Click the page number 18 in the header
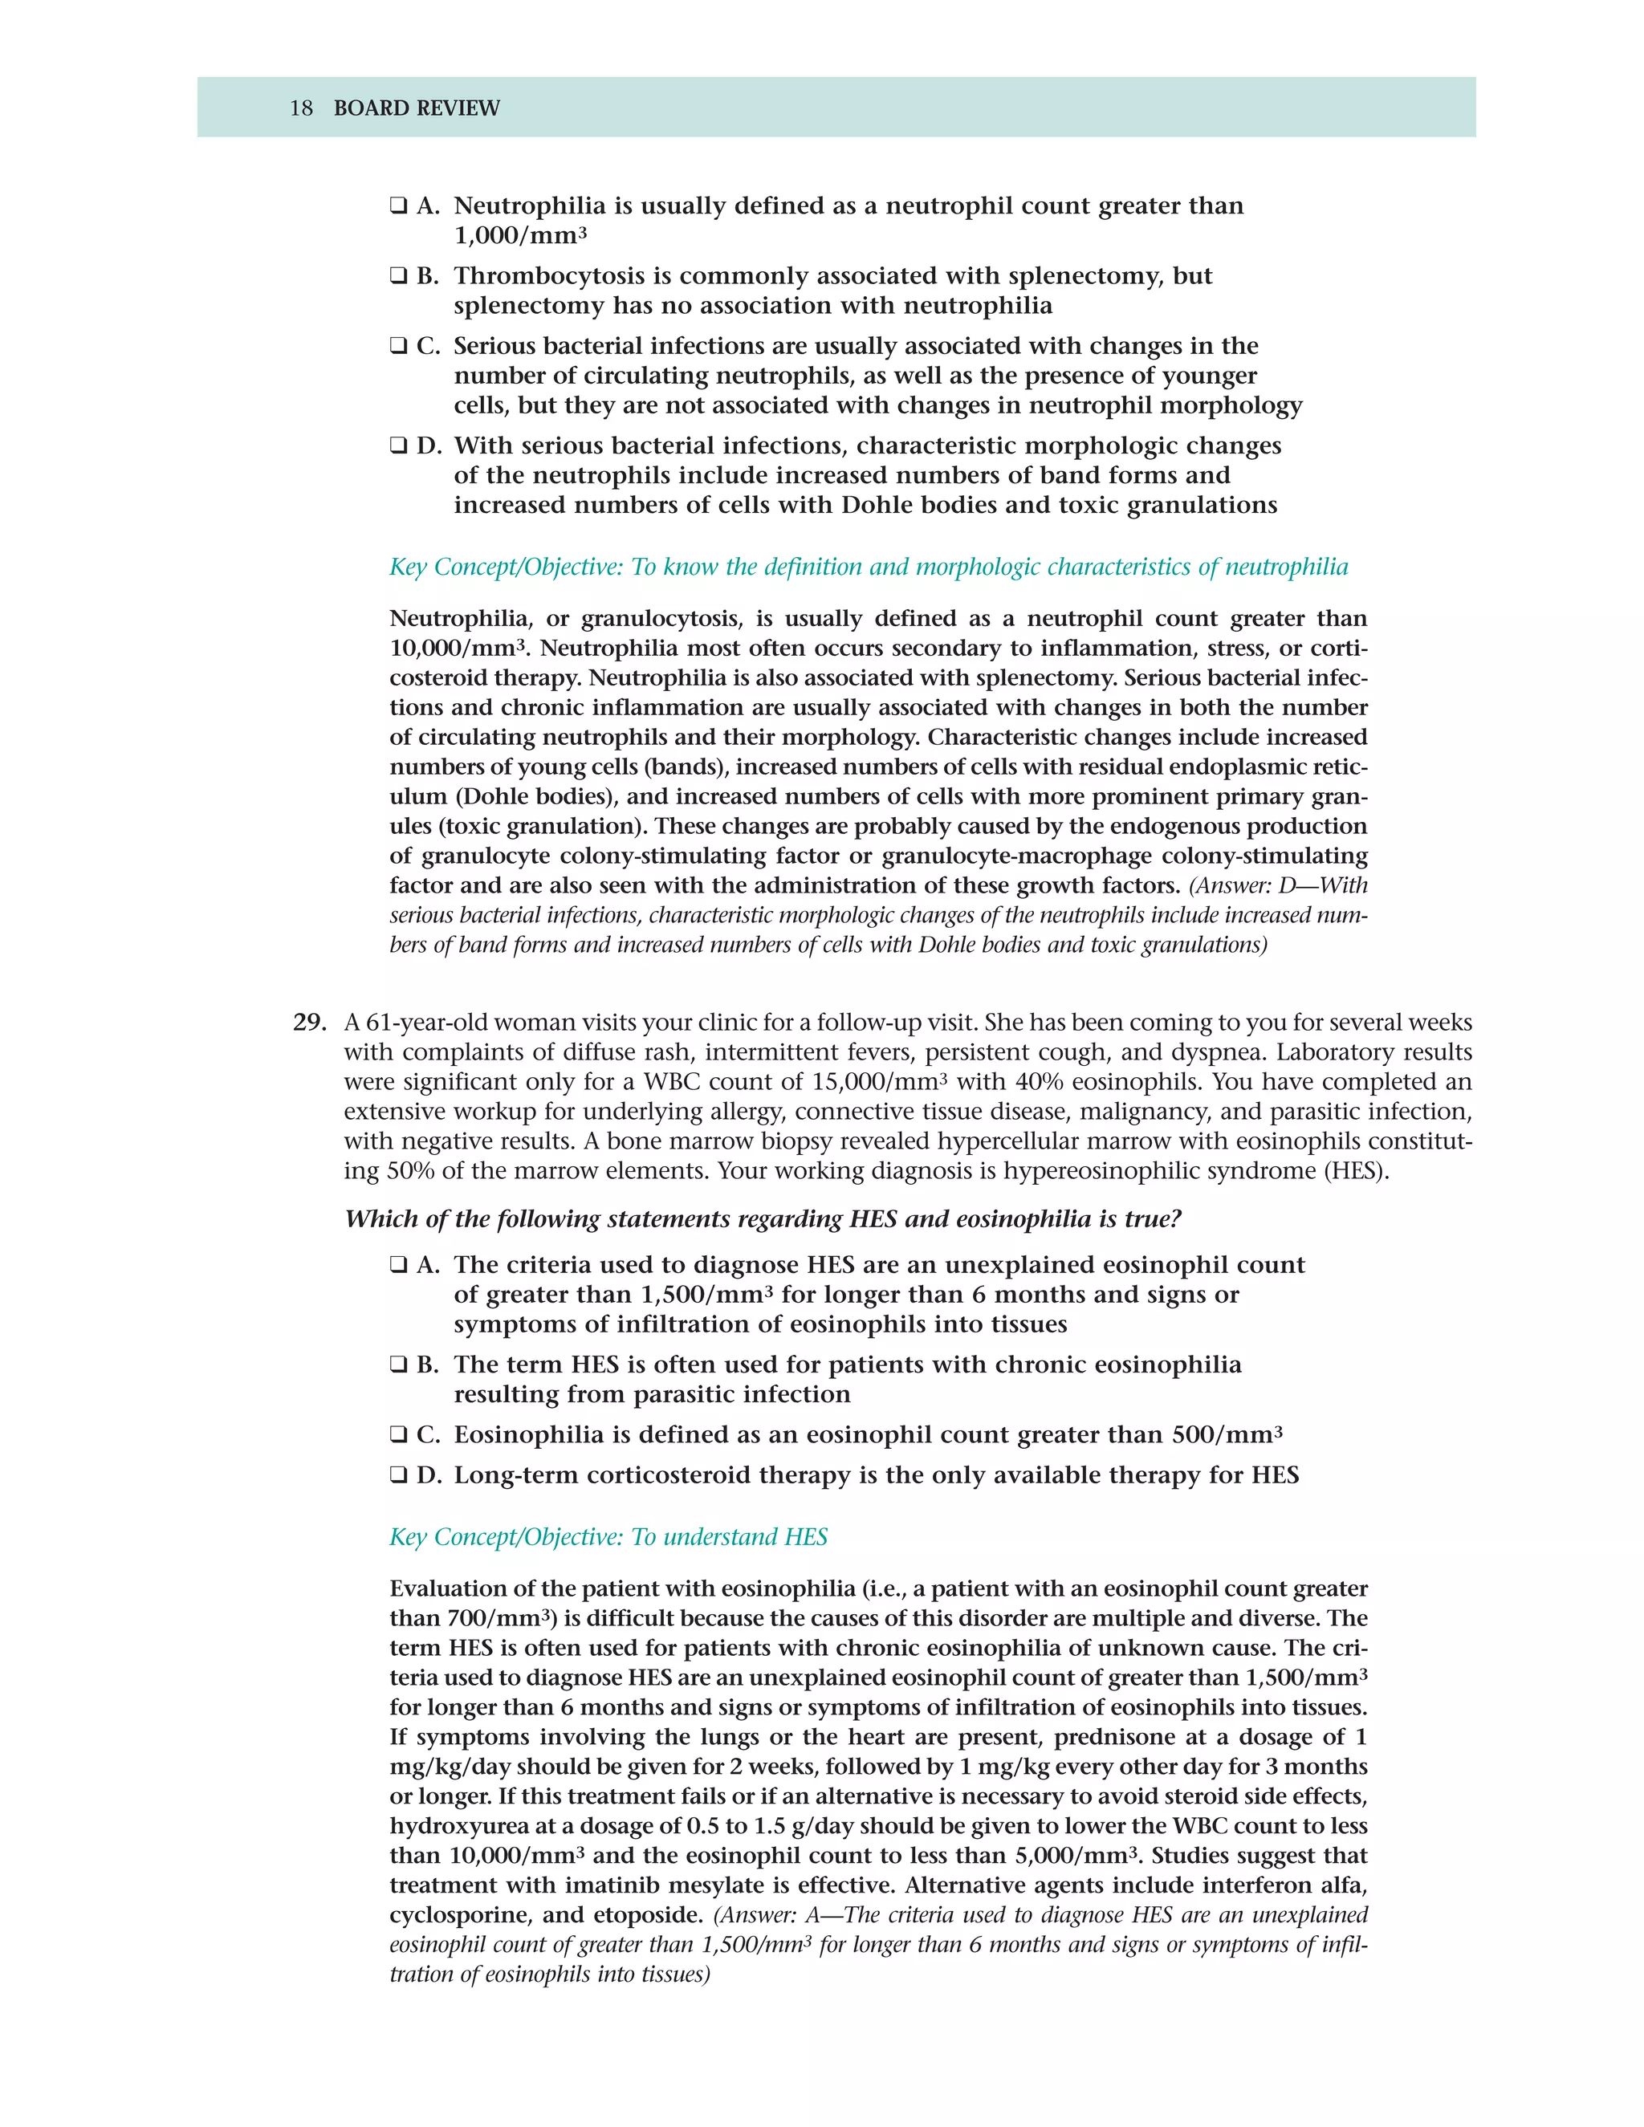(300, 108)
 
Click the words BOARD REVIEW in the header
(416, 108)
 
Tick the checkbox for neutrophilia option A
(397, 206)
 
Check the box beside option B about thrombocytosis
(397, 277)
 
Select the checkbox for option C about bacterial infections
(397, 347)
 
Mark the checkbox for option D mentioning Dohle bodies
(397, 446)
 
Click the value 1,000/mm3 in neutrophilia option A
(520, 236)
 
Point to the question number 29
(307, 1023)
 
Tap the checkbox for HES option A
(397, 1265)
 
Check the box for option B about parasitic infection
(397, 1364)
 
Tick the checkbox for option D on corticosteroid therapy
(397, 1475)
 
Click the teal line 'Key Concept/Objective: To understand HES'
(608, 1537)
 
